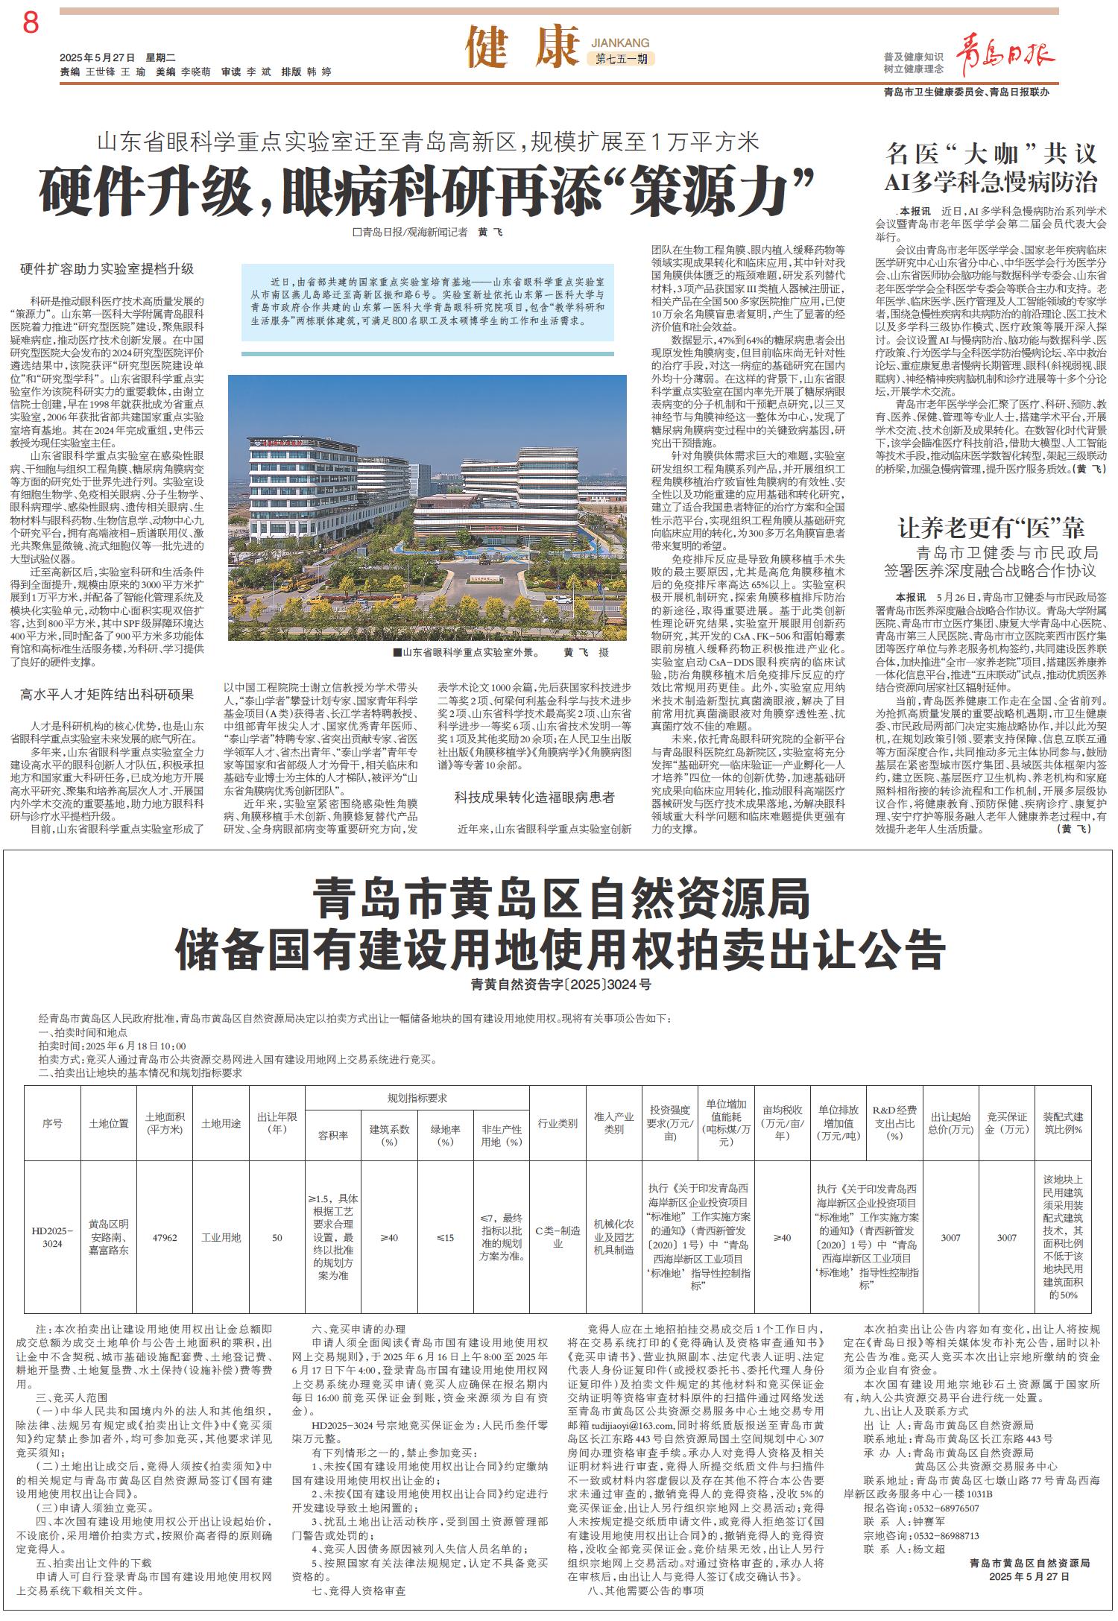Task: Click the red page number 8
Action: pos(31,24)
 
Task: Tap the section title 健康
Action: pos(521,48)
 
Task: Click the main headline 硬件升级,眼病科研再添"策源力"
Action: pos(426,191)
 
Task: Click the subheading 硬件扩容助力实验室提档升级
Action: pos(107,268)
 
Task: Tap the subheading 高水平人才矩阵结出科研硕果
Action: pos(107,695)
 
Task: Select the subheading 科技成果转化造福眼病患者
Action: pos(534,797)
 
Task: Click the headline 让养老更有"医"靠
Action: pos(991,528)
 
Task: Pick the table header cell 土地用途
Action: pos(221,1123)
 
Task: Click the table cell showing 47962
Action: pos(165,1237)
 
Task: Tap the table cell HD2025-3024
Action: pos(52,1237)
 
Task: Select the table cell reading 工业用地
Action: pos(221,1237)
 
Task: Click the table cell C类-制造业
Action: pos(558,1237)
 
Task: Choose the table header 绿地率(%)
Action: pos(445,1134)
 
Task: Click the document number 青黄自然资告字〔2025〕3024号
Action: pos(560,985)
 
